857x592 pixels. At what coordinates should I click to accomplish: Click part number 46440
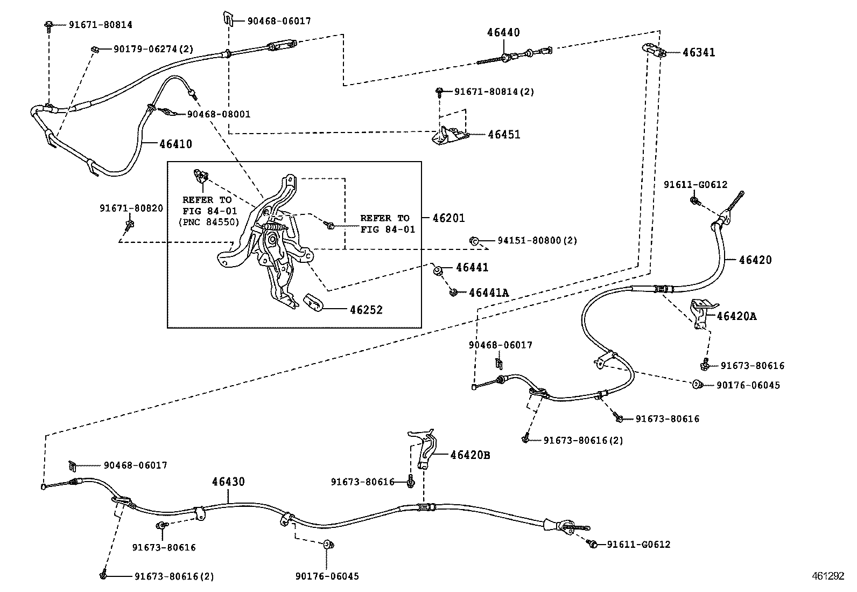[x=503, y=33]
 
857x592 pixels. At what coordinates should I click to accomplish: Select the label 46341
[x=699, y=53]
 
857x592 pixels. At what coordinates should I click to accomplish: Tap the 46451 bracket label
[x=504, y=135]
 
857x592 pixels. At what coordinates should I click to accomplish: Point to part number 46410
[x=175, y=144]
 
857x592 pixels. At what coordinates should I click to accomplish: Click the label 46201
[x=448, y=218]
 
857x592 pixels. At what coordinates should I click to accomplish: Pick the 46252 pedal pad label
[x=366, y=310]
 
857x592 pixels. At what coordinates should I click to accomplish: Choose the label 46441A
[x=488, y=293]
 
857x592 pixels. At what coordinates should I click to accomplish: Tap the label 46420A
[x=736, y=316]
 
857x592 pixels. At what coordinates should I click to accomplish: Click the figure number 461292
[x=828, y=576]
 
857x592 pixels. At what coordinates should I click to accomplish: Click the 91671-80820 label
[x=131, y=208]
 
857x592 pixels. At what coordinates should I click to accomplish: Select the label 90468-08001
[x=219, y=114]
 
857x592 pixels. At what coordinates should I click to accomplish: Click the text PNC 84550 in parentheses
[x=207, y=221]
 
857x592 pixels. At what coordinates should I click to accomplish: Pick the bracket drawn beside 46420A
[x=700, y=314]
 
